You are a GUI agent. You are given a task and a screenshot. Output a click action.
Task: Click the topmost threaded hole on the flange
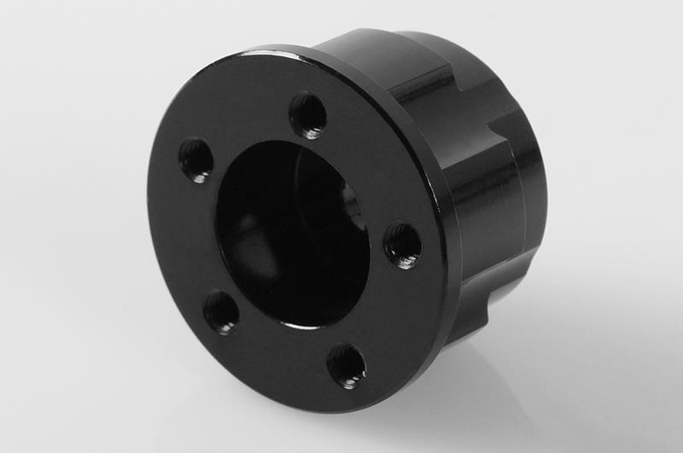tap(308, 115)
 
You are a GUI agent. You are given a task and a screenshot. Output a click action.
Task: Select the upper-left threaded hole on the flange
tap(196, 160)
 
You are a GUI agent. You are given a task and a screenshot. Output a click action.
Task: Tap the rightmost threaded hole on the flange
tap(402, 244)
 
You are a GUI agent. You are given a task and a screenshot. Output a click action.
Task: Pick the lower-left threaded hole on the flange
tap(221, 311)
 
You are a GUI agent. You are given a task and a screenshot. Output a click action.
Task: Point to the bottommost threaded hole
tap(347, 366)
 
